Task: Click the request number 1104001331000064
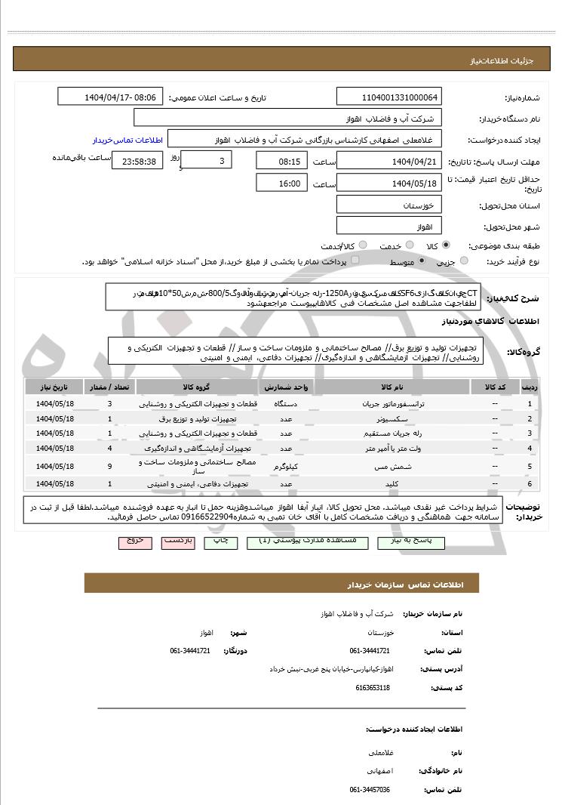(389, 98)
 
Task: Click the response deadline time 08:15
(281, 162)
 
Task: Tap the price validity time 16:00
(281, 184)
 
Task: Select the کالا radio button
(446, 245)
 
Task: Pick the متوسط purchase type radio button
(422, 261)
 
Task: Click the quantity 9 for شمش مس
(110, 466)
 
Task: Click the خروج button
(135, 542)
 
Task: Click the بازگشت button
(179, 542)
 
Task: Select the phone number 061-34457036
(370, 789)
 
